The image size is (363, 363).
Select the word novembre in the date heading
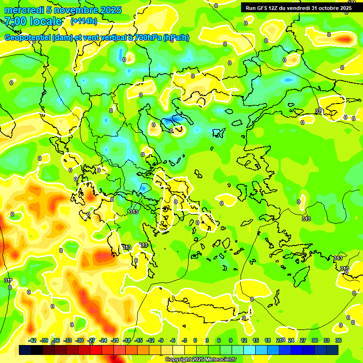coord(76,10)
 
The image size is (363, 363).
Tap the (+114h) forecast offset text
coord(84,21)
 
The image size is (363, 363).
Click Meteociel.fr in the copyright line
coord(217,360)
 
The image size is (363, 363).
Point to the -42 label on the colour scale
coord(33,340)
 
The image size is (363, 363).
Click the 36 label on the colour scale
coord(338,340)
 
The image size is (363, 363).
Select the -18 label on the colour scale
coord(127,340)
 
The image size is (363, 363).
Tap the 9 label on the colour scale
coord(231,340)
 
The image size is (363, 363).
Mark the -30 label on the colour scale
coord(79,340)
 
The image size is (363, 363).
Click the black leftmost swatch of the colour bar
coord(25,350)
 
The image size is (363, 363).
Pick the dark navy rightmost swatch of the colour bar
coord(332,350)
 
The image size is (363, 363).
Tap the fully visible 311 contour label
coord(9,281)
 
